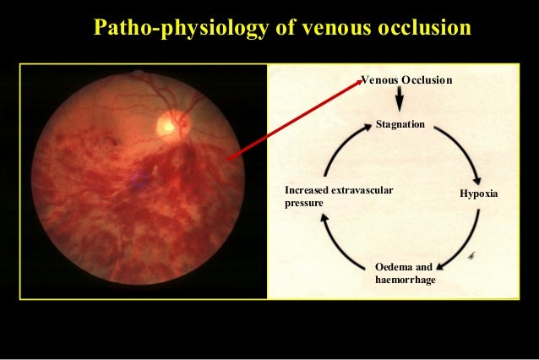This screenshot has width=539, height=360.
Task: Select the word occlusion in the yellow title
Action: tap(416, 28)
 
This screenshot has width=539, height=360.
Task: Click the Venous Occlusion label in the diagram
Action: tap(406, 80)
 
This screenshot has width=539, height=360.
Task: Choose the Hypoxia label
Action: tap(478, 194)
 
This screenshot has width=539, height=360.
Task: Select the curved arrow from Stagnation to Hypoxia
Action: tap(458, 152)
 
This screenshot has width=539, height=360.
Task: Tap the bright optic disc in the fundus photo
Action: tap(168, 125)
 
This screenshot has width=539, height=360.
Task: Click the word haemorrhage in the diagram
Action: tap(405, 280)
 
